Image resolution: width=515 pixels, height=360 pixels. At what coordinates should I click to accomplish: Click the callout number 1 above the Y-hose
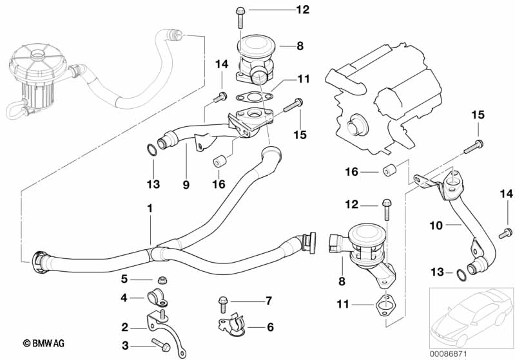pyautogui.click(x=150, y=209)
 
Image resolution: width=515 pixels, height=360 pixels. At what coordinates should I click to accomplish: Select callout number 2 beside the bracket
pyautogui.click(x=125, y=327)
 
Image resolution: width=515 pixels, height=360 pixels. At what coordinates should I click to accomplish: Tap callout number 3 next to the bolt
pyautogui.click(x=125, y=346)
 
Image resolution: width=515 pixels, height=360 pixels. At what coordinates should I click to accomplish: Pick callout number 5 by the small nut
pyautogui.click(x=125, y=279)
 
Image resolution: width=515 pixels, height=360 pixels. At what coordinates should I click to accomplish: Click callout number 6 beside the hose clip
pyautogui.click(x=270, y=328)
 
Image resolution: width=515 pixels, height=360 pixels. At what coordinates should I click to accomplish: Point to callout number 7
pyautogui.click(x=268, y=301)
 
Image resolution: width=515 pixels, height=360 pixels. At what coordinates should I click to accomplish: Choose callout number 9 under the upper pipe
pyautogui.click(x=186, y=184)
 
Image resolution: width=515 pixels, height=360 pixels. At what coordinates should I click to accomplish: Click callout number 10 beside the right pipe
pyautogui.click(x=436, y=225)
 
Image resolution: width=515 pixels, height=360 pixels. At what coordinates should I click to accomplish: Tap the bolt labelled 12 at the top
pyautogui.click(x=240, y=10)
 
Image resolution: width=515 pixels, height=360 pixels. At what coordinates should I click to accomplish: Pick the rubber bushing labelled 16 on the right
pyautogui.click(x=389, y=172)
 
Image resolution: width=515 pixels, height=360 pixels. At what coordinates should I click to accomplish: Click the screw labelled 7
pyautogui.click(x=222, y=301)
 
